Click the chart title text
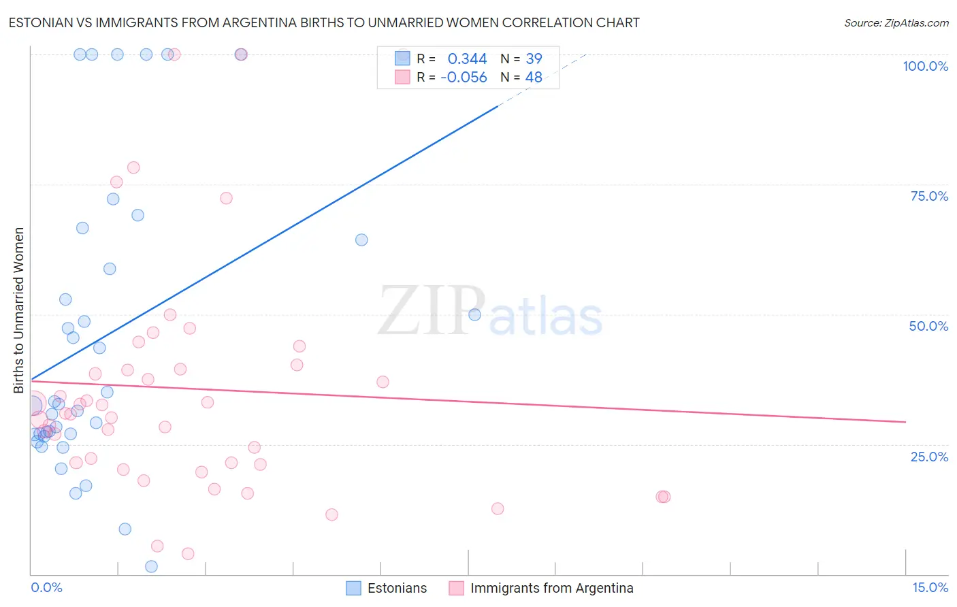tap(324, 22)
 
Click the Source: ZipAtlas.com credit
tap(896, 23)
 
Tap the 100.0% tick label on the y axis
tap(925, 66)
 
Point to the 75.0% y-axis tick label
tap(929, 196)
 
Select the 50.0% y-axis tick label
tap(928, 326)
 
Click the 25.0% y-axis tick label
tap(929, 457)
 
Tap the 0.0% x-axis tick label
tap(46, 587)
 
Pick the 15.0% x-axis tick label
tap(930, 587)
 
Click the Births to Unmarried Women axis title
tap(19, 310)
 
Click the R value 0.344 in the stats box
tap(467, 59)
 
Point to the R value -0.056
tap(464, 78)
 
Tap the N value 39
tap(534, 59)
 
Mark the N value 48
tap(534, 78)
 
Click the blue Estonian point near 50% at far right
tap(474, 314)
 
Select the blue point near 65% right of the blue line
tap(361, 240)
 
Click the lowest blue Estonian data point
tap(151, 567)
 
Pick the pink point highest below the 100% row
tap(133, 167)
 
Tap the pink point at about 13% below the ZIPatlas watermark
tap(498, 509)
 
